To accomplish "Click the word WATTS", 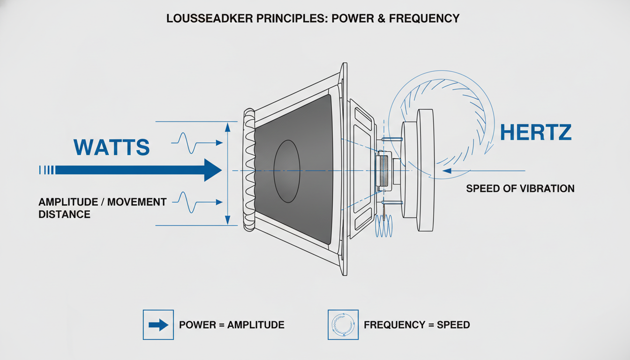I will click(112, 147).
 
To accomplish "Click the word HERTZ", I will click(536, 133).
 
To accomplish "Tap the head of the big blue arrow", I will click(212, 170).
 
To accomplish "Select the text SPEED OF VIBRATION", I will click(520, 189).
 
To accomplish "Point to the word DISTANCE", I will click(64, 215).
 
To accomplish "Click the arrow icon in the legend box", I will click(158, 325).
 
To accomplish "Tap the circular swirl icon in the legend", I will click(343, 325).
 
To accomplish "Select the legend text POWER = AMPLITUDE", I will click(232, 325).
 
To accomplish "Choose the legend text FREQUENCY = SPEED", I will click(417, 325).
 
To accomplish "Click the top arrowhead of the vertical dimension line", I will click(228, 127).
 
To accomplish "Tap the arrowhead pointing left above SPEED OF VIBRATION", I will click(446, 170).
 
